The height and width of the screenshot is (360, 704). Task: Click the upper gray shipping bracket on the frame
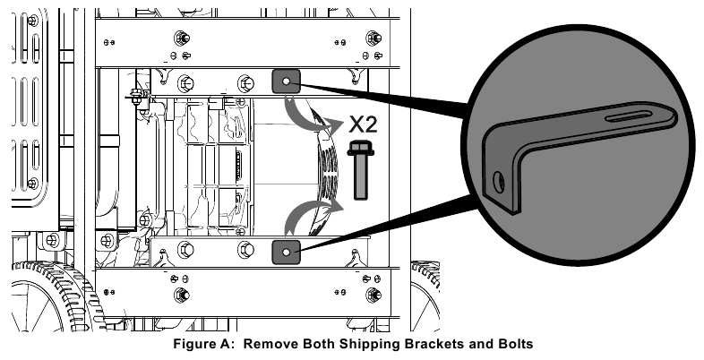click(286, 81)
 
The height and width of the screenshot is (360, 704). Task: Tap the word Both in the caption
click(319, 343)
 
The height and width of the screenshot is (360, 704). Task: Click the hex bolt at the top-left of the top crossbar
click(183, 39)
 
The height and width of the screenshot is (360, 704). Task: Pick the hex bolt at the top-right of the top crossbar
click(372, 39)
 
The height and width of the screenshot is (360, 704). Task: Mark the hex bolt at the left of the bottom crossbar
click(183, 295)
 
